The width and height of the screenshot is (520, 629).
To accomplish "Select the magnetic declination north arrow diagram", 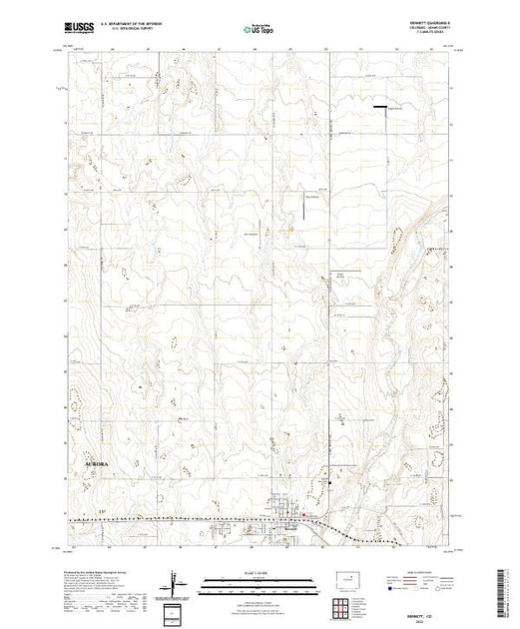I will (177, 582).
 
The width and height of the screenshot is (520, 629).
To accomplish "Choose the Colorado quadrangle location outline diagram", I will (346, 578).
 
